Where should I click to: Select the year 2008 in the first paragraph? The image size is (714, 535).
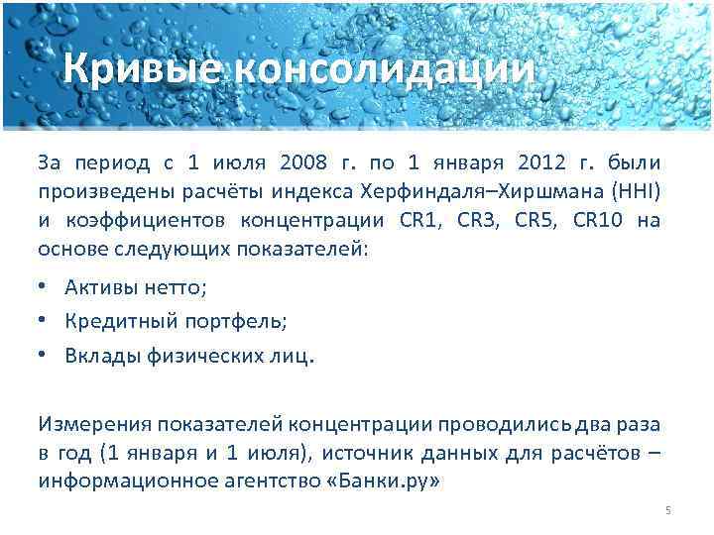(x=302, y=162)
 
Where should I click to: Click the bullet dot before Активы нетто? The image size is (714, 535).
(x=46, y=287)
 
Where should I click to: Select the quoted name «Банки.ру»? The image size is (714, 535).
(x=385, y=482)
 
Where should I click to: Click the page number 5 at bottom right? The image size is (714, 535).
(x=668, y=510)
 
